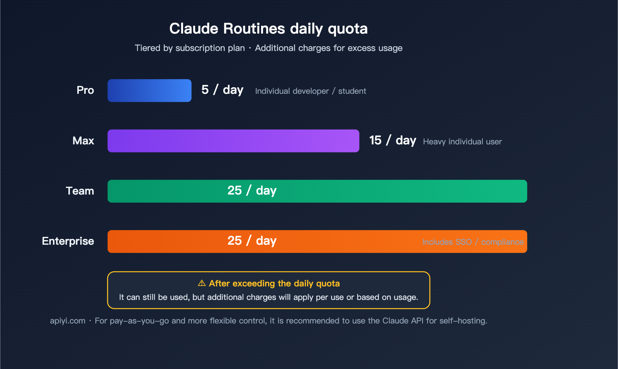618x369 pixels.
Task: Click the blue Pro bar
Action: click(x=149, y=91)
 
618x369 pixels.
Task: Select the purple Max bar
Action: click(x=233, y=141)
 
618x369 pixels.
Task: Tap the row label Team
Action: click(x=80, y=191)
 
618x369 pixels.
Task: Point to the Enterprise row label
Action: click(x=68, y=241)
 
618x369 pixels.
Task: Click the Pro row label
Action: click(x=85, y=90)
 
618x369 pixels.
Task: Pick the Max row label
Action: click(x=83, y=141)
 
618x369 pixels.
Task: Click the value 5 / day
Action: click(x=222, y=90)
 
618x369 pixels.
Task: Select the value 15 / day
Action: click(x=392, y=140)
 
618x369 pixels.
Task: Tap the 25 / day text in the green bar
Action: click(x=252, y=191)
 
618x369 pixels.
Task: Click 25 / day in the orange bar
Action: click(x=252, y=241)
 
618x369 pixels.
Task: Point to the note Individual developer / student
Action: click(x=311, y=91)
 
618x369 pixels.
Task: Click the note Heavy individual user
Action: click(x=462, y=142)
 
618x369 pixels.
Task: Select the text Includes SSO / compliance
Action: click(x=473, y=242)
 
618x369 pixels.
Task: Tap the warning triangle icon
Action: click(x=202, y=283)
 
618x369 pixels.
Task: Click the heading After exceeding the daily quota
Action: click(x=274, y=284)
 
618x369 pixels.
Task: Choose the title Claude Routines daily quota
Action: click(x=268, y=29)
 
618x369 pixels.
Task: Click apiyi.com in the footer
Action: click(x=68, y=321)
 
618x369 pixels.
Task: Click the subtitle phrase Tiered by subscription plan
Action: click(x=190, y=48)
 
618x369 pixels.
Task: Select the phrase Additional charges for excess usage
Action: click(x=329, y=48)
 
